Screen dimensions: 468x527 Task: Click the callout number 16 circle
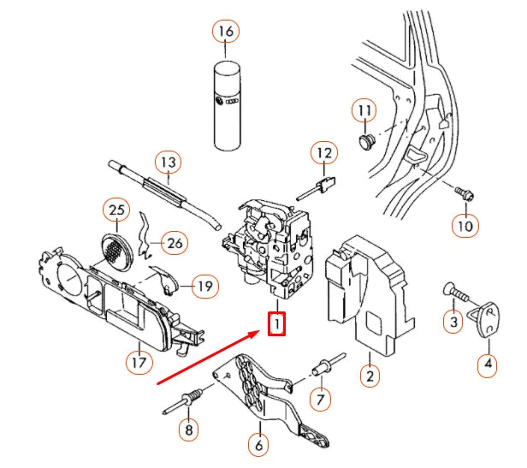(225, 33)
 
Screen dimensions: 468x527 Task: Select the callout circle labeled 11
(365, 110)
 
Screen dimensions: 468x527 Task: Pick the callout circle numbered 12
(323, 154)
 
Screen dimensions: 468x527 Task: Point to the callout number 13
(167, 161)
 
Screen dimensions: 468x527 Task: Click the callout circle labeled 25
(116, 209)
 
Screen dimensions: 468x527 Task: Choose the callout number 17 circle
(139, 361)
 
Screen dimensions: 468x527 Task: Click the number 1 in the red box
(276, 325)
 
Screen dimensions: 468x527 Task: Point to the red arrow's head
(263, 329)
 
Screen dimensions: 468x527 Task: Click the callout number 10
(463, 226)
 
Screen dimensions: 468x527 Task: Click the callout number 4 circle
(488, 365)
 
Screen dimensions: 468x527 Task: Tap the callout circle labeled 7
(320, 399)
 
